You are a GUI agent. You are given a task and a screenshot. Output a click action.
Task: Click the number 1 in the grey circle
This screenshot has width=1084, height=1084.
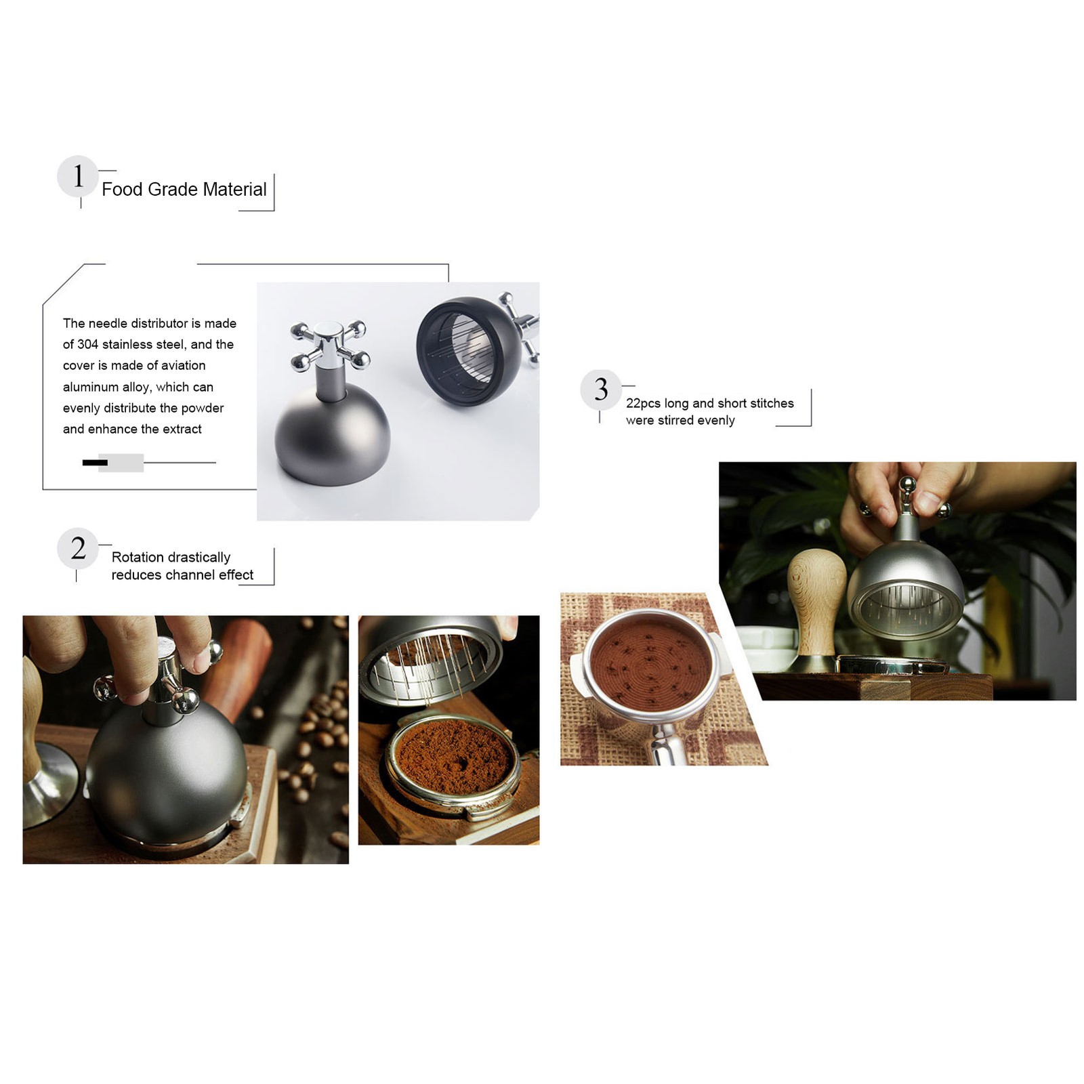pyautogui.click(x=79, y=175)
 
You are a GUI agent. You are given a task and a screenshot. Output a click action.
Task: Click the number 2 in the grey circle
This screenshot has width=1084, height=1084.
pyautogui.click(x=79, y=548)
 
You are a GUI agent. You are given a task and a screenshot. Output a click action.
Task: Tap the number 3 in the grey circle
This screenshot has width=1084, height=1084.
pyautogui.click(x=601, y=390)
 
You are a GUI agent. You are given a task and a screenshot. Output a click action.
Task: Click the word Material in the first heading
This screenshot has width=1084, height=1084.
pyautogui.click(x=234, y=189)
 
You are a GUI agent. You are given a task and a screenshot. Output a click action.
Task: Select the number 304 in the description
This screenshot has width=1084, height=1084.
pyautogui.click(x=88, y=344)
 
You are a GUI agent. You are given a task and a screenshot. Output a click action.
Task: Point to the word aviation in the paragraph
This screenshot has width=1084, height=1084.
pyautogui.click(x=183, y=365)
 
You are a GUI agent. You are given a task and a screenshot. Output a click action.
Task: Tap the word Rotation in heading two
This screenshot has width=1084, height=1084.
pyautogui.click(x=138, y=557)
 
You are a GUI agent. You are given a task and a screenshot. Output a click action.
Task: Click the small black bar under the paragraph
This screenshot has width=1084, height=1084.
pyautogui.click(x=95, y=463)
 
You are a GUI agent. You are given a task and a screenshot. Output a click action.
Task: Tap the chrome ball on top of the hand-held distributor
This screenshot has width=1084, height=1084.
pyautogui.click(x=906, y=485)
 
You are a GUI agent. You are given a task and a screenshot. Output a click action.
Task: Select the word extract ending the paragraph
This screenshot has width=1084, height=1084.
pyautogui.click(x=182, y=429)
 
